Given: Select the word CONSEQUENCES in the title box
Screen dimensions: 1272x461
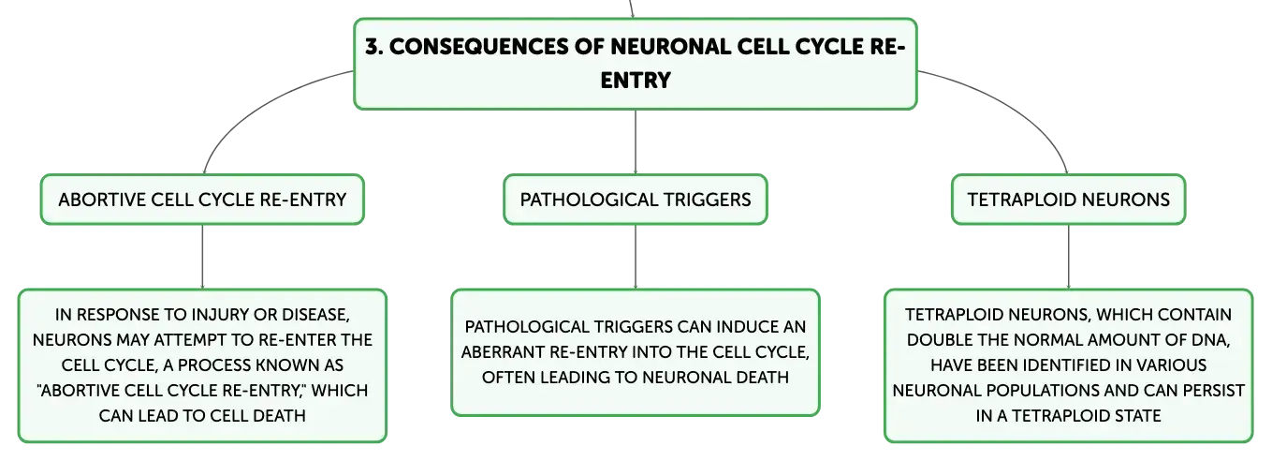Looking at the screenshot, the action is (478, 47).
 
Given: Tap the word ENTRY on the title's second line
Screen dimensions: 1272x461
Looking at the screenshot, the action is (636, 81).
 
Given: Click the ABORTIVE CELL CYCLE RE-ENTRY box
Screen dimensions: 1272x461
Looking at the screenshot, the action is (202, 200).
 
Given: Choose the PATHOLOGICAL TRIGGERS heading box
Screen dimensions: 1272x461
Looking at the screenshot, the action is (636, 200).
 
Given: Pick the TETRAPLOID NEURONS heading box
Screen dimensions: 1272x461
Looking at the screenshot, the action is (1069, 200).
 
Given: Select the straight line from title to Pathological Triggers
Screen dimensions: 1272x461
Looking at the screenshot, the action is (636, 142).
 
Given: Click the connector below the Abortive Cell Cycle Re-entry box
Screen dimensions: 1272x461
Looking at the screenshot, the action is (202, 257).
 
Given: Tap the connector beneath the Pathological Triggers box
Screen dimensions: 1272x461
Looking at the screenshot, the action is (636, 257).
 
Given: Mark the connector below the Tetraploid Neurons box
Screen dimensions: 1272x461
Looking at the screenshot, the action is (1069, 257).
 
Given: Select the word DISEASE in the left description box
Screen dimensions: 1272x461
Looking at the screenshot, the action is (315, 315).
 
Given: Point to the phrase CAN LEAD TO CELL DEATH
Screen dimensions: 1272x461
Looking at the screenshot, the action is (202, 415).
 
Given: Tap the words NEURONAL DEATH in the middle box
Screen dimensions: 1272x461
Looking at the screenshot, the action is (715, 378).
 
